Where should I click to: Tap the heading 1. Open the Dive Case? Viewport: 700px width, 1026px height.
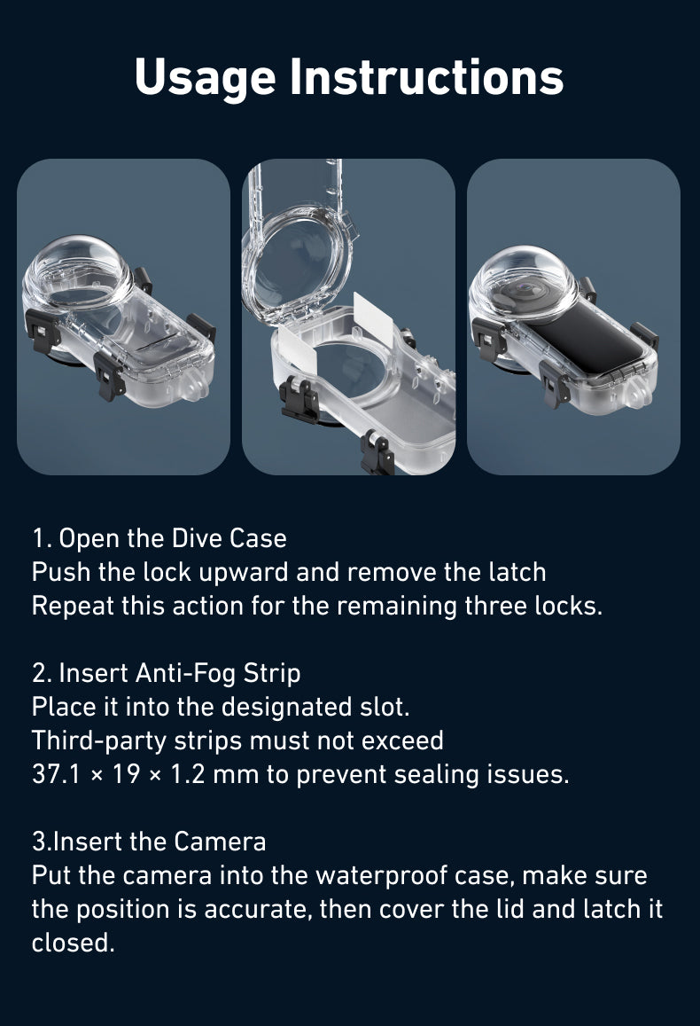159,538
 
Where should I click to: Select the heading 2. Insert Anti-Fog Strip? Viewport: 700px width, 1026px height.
167,673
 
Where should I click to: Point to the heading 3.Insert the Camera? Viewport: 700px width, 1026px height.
149,841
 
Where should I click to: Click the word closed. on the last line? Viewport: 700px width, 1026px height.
74,943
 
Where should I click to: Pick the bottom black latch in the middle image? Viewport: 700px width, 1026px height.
377,453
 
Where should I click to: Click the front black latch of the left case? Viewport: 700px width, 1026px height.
108,378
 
